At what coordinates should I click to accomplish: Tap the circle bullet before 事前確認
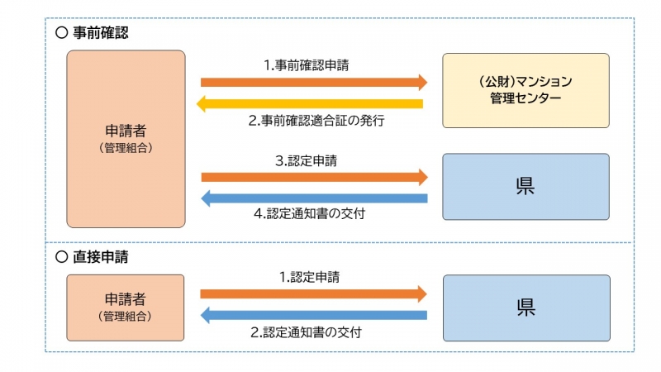(60, 34)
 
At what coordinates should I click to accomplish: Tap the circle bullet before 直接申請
(60, 257)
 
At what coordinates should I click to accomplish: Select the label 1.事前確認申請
(306, 64)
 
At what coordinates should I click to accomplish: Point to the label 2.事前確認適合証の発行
(316, 121)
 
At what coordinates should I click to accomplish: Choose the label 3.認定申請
(306, 160)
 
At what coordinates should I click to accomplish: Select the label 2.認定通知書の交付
(306, 332)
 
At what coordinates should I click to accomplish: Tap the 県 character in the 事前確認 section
(525, 186)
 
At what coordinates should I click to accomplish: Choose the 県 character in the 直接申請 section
(525, 308)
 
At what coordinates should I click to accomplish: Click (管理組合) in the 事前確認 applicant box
(126, 149)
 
